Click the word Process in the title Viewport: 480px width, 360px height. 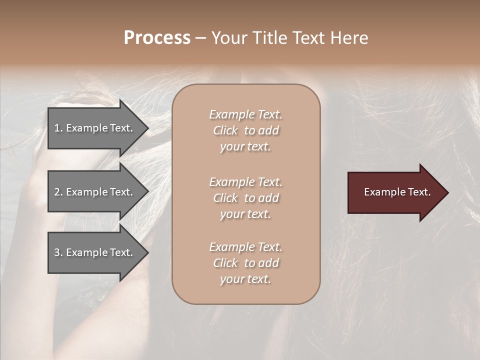point(157,38)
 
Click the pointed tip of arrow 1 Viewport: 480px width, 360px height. point(147,128)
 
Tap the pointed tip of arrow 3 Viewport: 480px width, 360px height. point(147,253)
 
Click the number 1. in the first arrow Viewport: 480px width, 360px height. point(58,128)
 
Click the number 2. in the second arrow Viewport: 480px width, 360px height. point(58,192)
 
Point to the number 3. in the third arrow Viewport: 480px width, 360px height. point(58,252)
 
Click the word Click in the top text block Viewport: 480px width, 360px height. point(225,130)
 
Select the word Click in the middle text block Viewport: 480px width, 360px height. point(225,198)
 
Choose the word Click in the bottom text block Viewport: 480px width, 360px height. point(225,263)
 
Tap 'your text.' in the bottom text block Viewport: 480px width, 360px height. point(245,279)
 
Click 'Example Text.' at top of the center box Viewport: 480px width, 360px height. point(245,114)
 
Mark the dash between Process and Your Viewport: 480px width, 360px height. point(200,38)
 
